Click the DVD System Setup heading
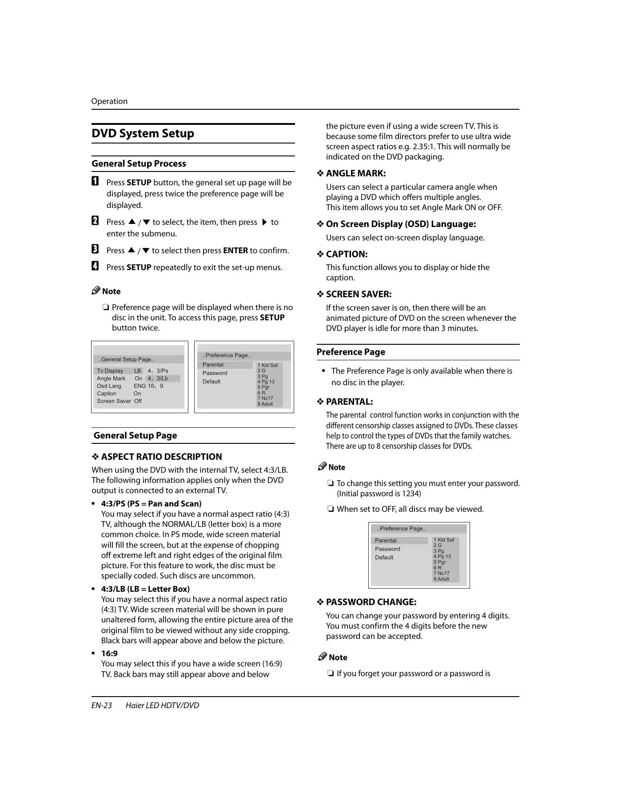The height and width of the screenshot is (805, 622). pos(143,134)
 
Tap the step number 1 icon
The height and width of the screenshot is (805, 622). pos(95,182)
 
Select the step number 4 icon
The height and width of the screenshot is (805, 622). pos(95,266)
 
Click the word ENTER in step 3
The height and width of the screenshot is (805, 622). pos(235,251)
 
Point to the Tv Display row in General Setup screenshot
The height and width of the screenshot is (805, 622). pos(110,371)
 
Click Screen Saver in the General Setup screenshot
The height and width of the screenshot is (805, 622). pos(114,401)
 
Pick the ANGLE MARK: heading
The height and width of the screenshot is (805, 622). pos(355,174)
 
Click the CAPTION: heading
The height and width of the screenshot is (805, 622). pos(347,255)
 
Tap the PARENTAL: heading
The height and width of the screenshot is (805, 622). pos(349,402)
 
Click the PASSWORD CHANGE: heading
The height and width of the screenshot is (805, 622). pos(371,602)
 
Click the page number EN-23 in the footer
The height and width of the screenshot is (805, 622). pos(102,705)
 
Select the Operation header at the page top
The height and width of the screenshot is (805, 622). pos(109,101)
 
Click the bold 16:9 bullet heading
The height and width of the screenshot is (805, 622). pos(109,654)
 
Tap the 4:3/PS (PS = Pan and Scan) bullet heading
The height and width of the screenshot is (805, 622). pos(151,504)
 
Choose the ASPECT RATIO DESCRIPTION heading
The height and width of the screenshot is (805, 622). pos(161,457)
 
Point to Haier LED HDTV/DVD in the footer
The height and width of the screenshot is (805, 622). pos(162,705)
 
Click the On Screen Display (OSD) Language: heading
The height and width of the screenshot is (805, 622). pos(401,224)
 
